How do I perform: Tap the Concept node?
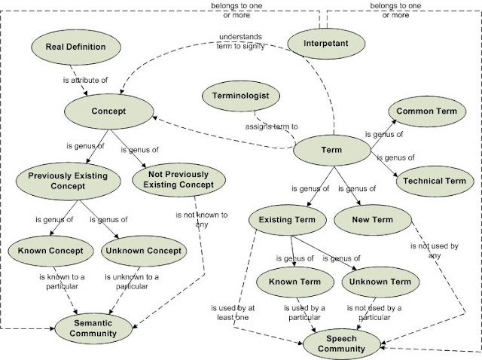(x=108, y=111)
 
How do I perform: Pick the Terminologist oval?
(x=240, y=96)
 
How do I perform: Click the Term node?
(x=331, y=150)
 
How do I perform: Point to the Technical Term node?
(x=434, y=181)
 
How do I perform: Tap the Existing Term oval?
(x=288, y=220)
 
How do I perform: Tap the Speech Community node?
(x=341, y=343)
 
